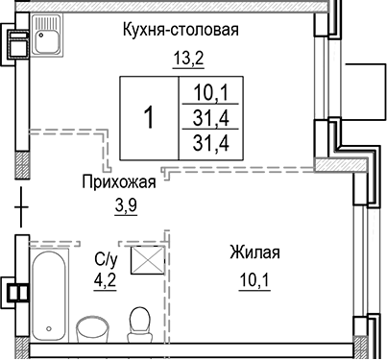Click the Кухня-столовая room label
(x=180, y=30)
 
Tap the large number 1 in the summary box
(x=149, y=118)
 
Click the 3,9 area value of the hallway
(x=126, y=204)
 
